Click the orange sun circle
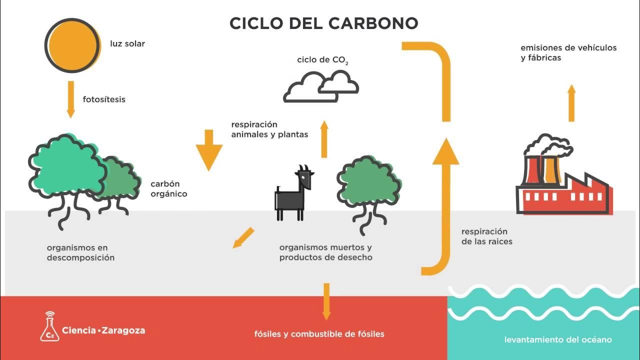(x=72, y=45)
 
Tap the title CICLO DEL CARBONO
(x=323, y=23)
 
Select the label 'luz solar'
(x=127, y=43)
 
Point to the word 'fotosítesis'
(x=104, y=99)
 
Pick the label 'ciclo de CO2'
(x=322, y=60)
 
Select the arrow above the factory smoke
(x=571, y=103)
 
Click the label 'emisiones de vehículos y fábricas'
(x=568, y=52)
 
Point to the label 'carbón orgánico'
(x=169, y=189)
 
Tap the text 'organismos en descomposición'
(x=80, y=252)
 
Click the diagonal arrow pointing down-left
(x=243, y=237)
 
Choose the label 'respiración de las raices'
(x=486, y=236)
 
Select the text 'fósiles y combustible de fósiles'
(x=319, y=334)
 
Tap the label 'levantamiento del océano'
(x=557, y=340)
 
